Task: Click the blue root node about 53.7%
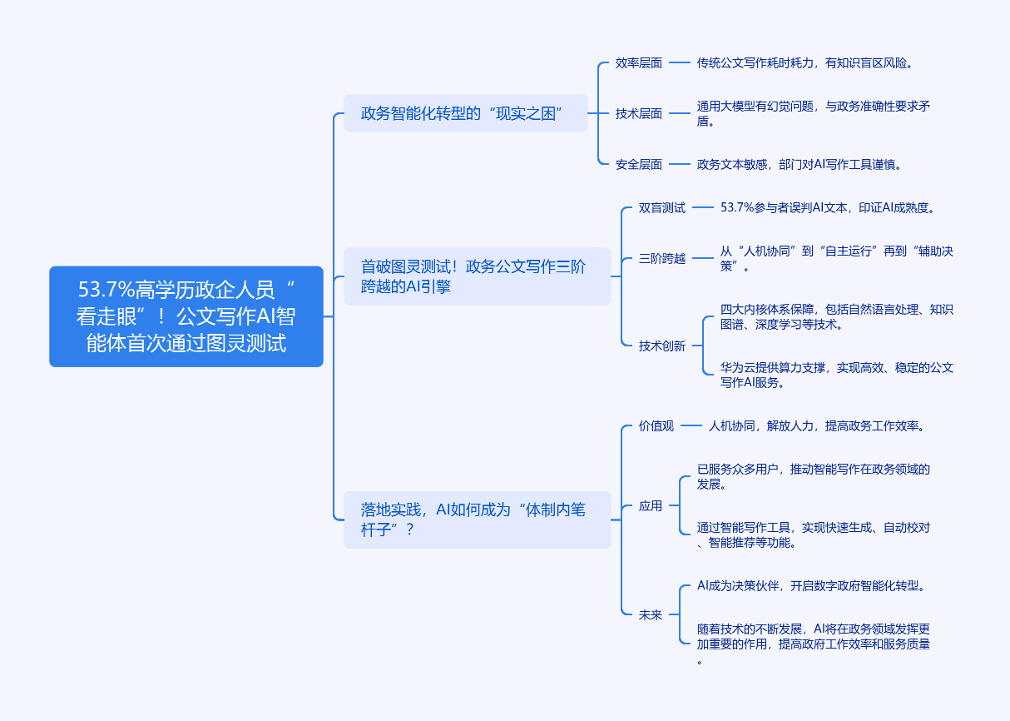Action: coord(186,316)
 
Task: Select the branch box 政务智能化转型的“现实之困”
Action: coord(465,113)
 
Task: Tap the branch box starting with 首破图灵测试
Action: coord(477,276)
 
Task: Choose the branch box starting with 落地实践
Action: coord(477,520)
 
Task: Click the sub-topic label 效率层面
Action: coord(639,62)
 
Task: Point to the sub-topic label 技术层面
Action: coord(639,113)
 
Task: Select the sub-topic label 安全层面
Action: coord(639,165)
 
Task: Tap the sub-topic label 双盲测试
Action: coord(662,208)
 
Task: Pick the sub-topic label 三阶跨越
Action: coord(662,259)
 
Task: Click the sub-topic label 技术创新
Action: coord(662,346)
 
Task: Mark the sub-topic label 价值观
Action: coord(656,426)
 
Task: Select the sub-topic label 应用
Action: coord(651,505)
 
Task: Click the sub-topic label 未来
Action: coord(651,614)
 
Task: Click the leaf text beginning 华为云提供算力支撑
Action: coord(836,375)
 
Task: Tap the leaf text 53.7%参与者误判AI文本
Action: coord(833,208)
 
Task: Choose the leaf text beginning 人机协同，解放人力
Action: coord(816,426)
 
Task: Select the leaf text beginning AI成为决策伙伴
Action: coord(811,585)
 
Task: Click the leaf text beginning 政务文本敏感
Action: coord(799,165)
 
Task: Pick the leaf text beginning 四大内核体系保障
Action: coord(836,316)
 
